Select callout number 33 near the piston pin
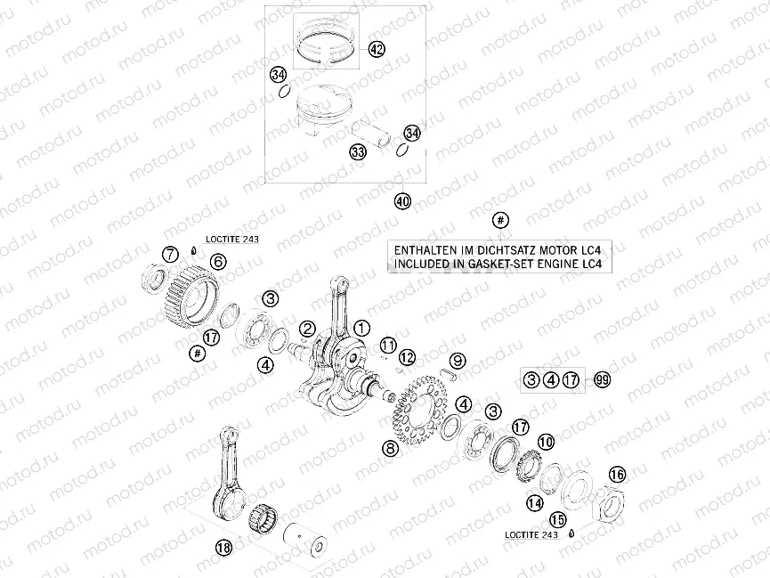358,153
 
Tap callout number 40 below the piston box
402,202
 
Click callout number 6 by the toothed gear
218,262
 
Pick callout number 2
307,330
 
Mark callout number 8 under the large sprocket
389,451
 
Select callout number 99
603,380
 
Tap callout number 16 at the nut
616,474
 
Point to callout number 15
557,518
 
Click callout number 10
546,441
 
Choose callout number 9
457,361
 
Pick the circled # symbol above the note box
500,220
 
